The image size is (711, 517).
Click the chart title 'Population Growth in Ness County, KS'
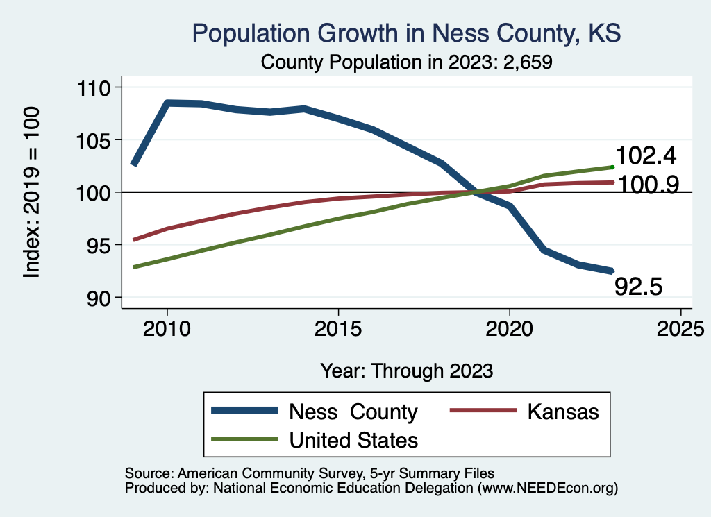[x=406, y=33]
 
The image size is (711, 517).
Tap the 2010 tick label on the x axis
[x=167, y=328]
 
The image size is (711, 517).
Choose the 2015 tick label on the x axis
[x=338, y=328]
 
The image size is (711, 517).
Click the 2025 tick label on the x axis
[x=680, y=328]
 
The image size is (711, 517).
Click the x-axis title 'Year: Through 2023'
[x=406, y=371]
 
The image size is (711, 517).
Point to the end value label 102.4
[x=645, y=155]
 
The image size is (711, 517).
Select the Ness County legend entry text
[x=353, y=412]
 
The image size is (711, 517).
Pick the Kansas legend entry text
[x=562, y=412]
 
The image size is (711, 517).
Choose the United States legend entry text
[x=353, y=439]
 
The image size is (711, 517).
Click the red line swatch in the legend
[x=482, y=411]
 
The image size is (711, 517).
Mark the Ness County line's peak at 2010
[x=167, y=103]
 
